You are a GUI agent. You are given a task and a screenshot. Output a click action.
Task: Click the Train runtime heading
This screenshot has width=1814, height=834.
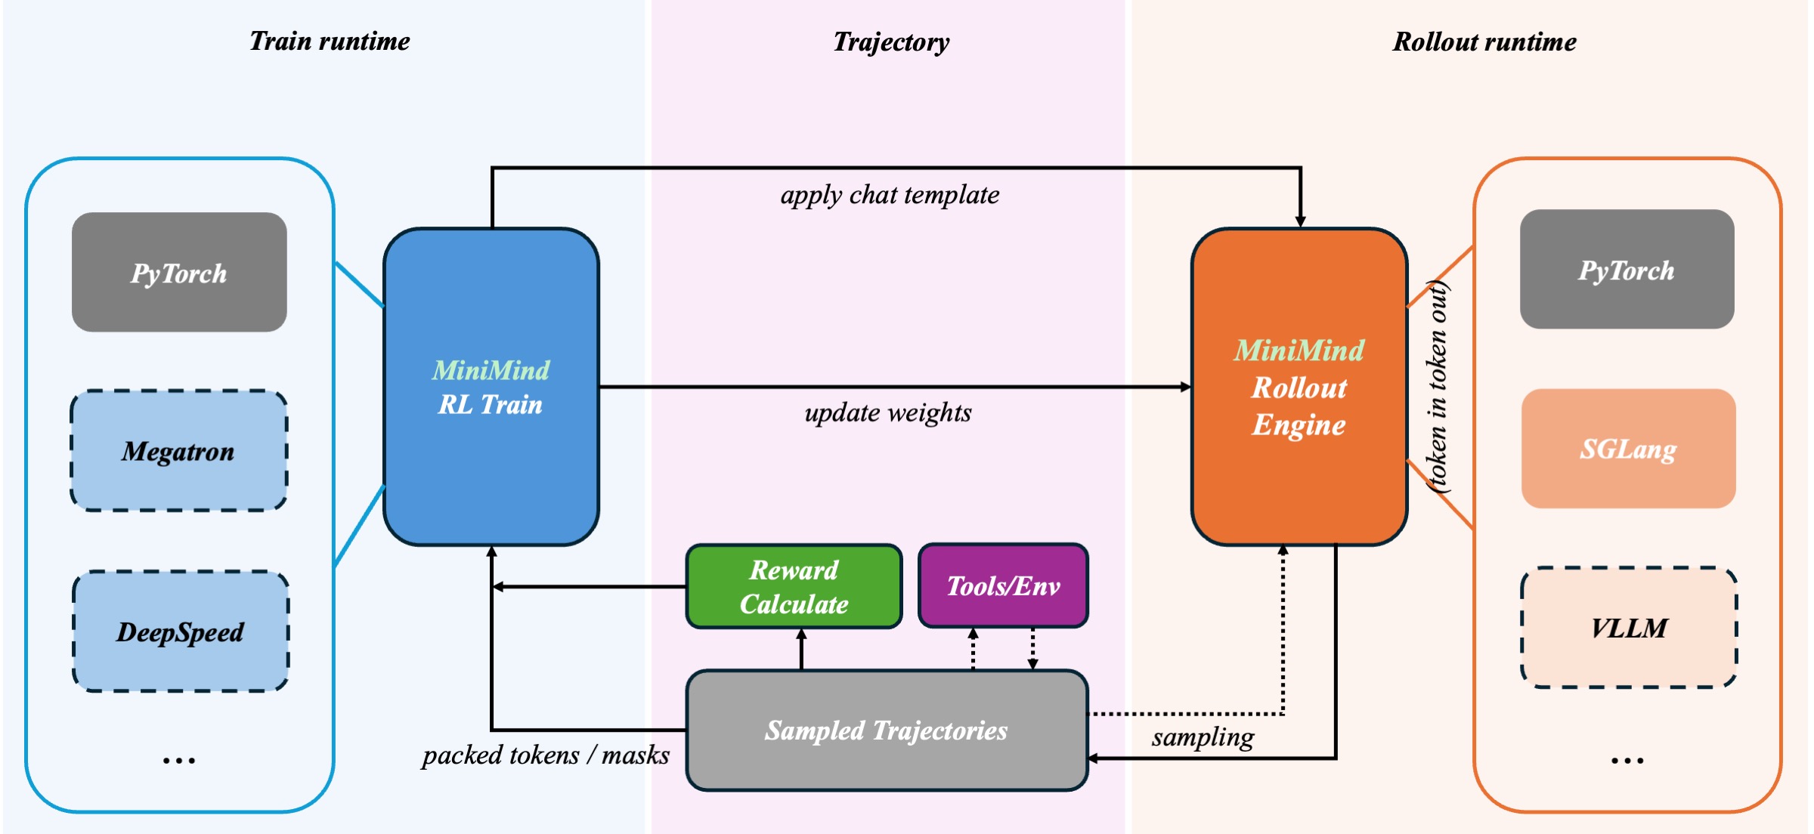[x=330, y=42]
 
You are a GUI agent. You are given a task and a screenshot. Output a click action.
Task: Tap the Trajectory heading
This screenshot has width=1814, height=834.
[x=891, y=42]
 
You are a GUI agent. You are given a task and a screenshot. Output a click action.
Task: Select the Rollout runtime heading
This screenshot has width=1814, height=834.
[x=1484, y=42]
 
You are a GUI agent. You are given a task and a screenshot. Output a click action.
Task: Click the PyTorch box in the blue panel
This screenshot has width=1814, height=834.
[x=179, y=273]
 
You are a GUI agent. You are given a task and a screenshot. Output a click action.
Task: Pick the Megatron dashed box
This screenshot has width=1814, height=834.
[x=179, y=451]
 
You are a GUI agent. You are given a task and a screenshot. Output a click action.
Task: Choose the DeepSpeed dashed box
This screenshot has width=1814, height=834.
[x=181, y=632]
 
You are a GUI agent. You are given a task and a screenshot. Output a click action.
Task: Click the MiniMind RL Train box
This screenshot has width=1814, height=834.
[x=491, y=387]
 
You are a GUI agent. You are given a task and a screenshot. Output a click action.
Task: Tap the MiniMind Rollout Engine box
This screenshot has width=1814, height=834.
[x=1299, y=387]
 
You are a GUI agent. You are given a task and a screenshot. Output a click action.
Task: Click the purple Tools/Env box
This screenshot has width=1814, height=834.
[x=1003, y=586]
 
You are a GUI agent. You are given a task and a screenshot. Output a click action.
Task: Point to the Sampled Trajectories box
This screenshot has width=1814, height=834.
[x=887, y=731]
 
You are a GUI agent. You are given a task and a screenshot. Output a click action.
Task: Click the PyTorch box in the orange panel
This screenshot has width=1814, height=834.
[x=1627, y=270]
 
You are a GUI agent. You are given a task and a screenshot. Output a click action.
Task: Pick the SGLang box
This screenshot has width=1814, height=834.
[x=1628, y=449]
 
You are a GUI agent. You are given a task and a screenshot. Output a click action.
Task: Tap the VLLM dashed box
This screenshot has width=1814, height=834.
[x=1629, y=628]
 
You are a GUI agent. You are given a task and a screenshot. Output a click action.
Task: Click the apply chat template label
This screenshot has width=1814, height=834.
[x=890, y=196]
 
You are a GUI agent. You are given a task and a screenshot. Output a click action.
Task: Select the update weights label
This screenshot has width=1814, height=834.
[x=888, y=413]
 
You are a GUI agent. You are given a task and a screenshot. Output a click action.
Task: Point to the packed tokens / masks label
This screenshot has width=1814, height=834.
[x=546, y=755]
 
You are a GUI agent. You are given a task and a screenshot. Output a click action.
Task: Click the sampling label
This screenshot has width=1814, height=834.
[x=1203, y=737]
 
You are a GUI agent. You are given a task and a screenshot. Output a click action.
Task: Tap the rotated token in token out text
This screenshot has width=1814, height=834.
[x=1437, y=387]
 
